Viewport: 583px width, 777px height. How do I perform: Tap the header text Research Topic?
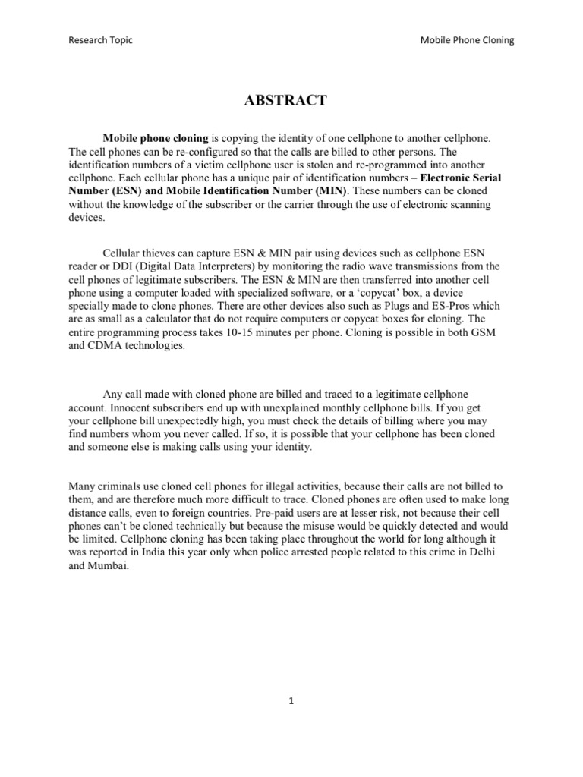tap(100, 40)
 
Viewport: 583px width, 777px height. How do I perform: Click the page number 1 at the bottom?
tap(291, 701)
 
